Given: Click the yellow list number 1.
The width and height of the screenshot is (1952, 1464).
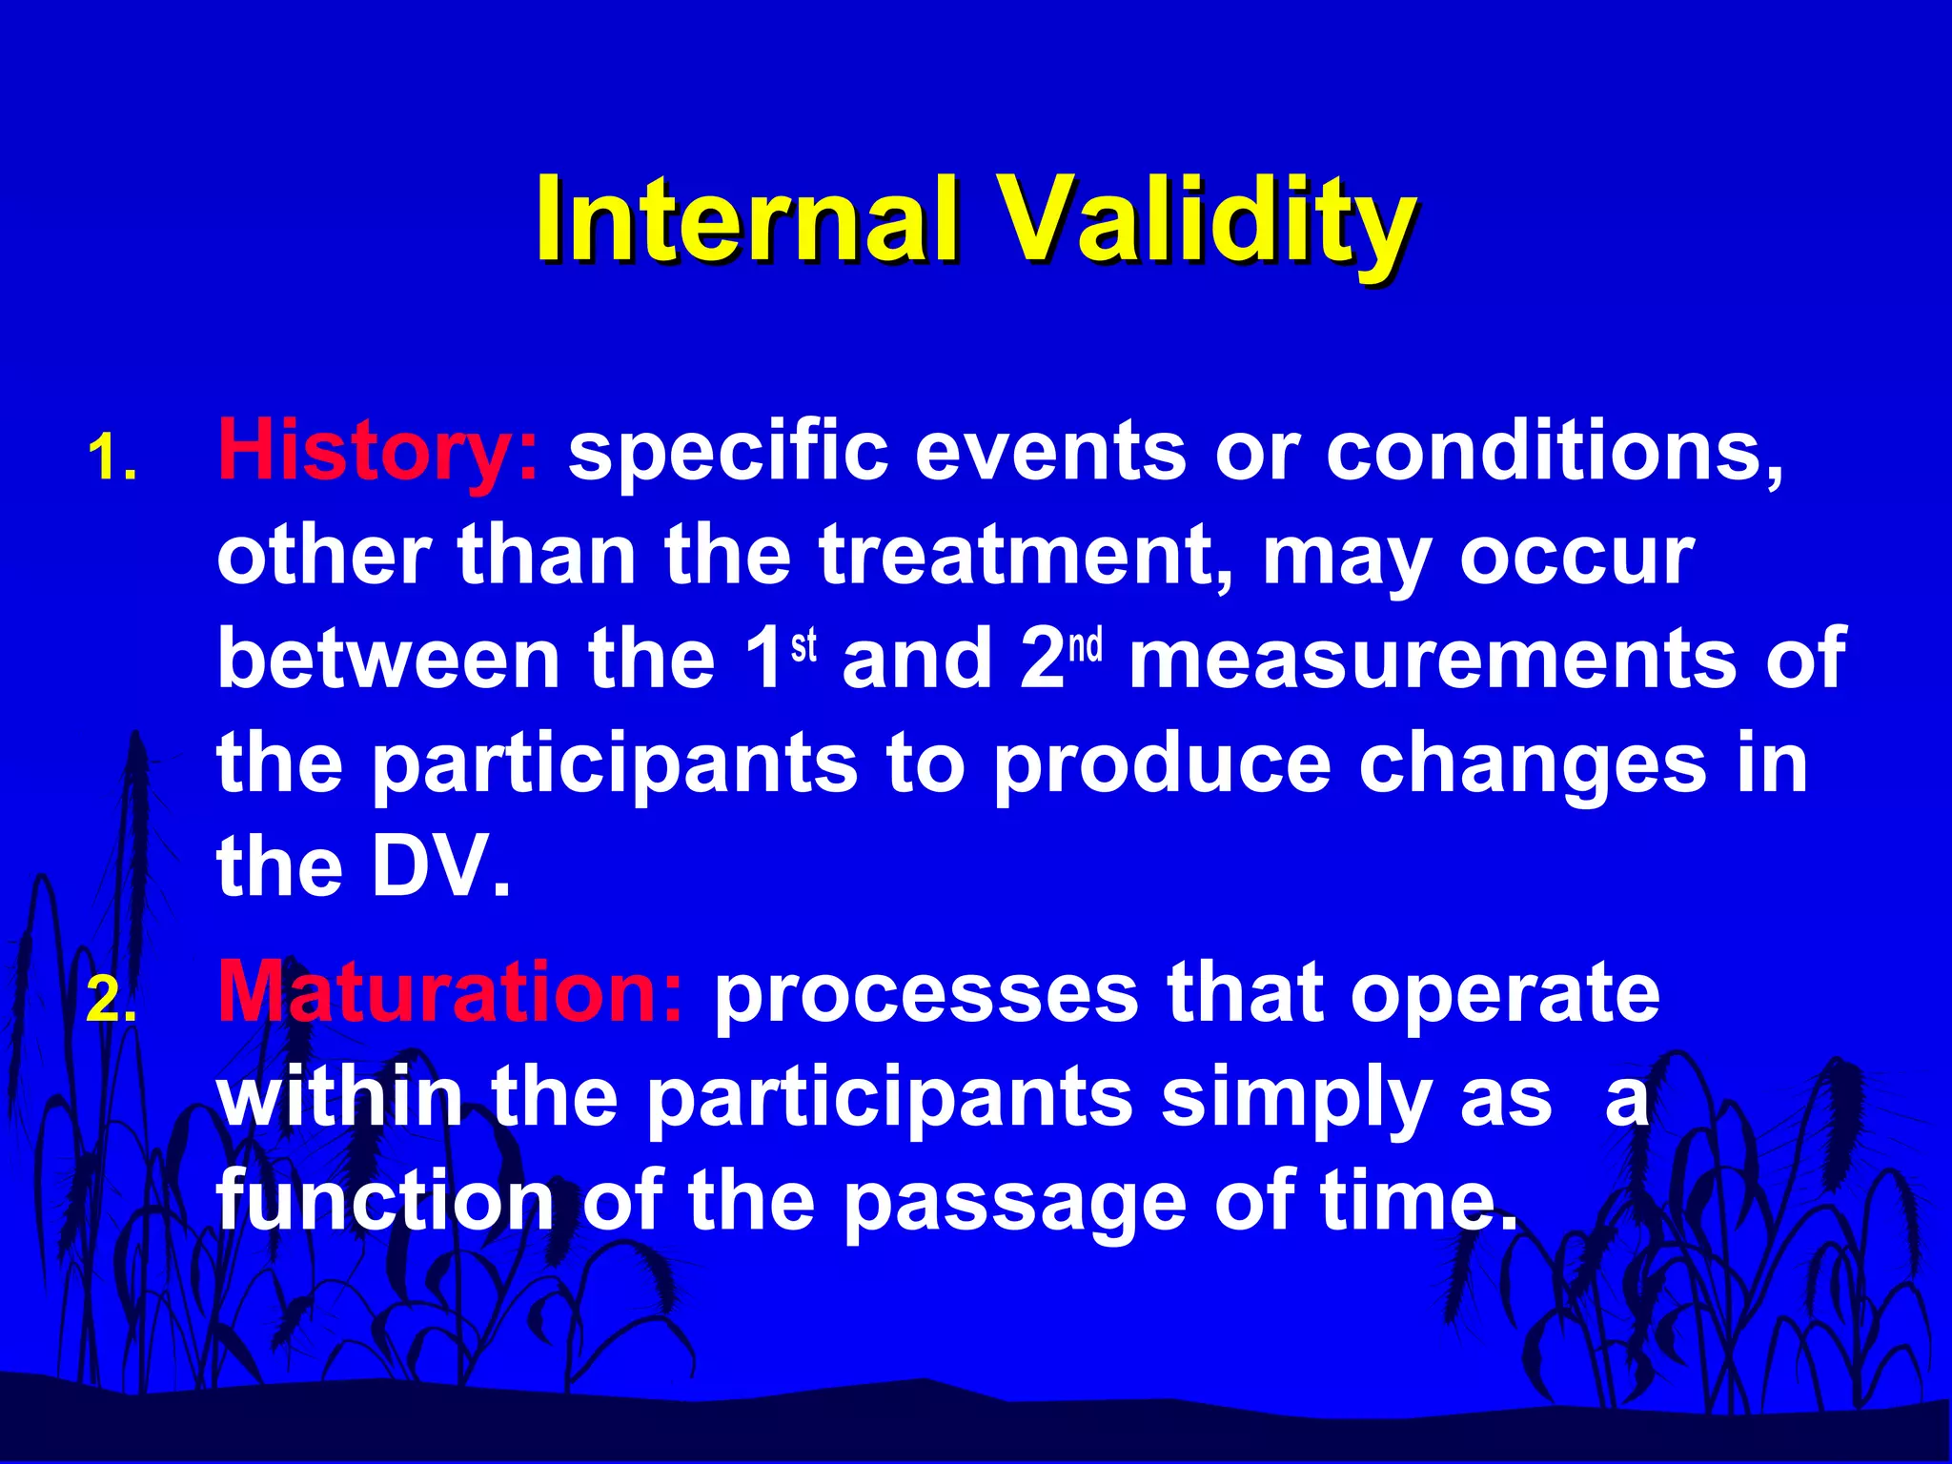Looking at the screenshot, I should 112,457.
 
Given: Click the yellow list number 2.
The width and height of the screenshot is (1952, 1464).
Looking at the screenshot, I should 112,1001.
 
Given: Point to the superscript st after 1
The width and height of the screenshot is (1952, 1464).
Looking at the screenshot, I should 803,645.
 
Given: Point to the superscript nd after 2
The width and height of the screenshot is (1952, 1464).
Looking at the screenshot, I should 1085,645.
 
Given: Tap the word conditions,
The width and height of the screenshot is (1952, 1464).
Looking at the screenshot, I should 1555,452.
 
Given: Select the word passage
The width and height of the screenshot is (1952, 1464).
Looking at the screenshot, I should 1014,1203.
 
